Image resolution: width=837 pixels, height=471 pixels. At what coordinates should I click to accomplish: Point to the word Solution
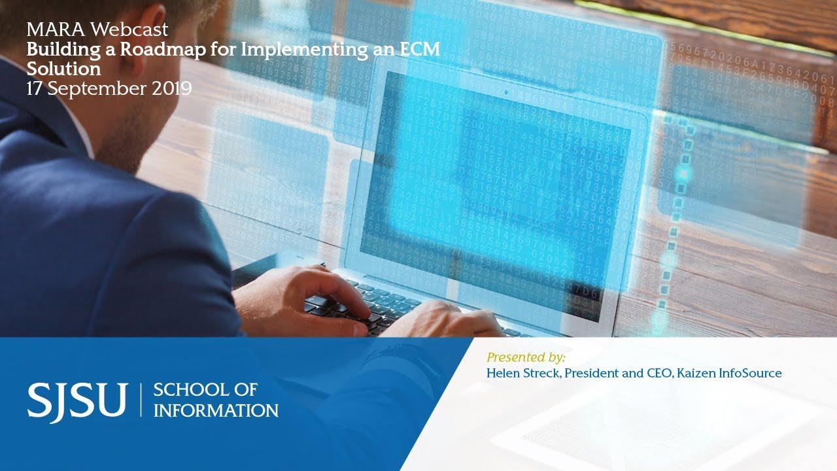pos(63,69)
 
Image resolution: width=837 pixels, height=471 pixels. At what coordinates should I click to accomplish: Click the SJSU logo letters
pos(77,400)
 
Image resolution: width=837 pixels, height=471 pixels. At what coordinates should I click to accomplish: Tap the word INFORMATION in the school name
pos(216,411)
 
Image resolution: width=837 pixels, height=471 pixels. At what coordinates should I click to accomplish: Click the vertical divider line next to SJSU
pos(140,400)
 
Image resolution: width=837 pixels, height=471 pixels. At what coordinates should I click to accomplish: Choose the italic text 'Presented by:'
pos(526,357)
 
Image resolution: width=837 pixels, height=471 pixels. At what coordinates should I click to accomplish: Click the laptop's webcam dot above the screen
pos(505,92)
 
